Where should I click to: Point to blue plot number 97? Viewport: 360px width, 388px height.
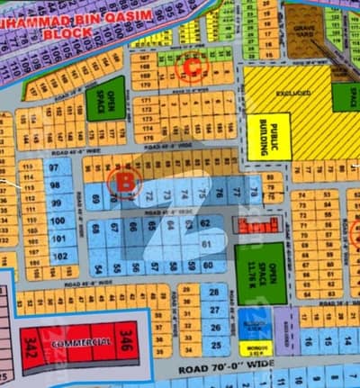[57, 168]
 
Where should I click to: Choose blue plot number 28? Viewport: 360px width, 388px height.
[213, 293]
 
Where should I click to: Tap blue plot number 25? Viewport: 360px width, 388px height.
[213, 344]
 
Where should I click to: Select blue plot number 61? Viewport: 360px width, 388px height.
[207, 244]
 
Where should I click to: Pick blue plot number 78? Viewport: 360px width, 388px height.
[254, 191]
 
